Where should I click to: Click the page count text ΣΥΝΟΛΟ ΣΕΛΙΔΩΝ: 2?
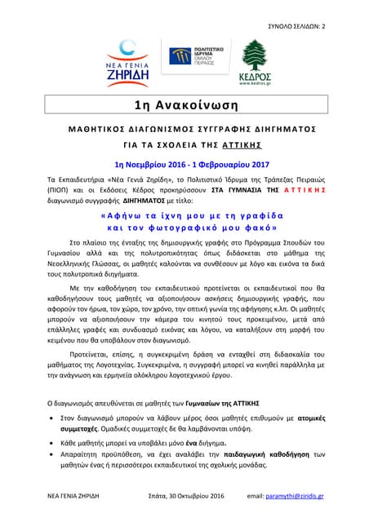(x=296, y=27)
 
